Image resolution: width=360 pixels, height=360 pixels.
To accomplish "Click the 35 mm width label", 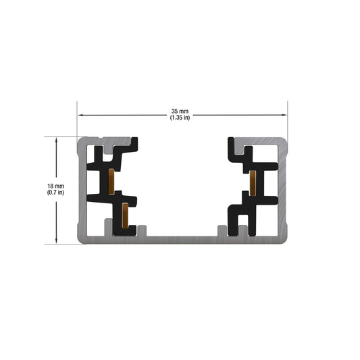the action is tap(180, 111).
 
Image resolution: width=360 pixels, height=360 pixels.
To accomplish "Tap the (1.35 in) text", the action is tap(180, 118).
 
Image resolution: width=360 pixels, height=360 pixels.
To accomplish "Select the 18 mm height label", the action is tap(56, 186).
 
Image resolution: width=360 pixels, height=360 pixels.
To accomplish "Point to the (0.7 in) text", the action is tap(55, 192).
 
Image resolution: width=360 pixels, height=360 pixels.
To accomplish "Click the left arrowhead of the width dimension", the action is tap(80, 115).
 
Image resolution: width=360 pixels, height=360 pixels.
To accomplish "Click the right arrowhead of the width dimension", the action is tap(285, 115).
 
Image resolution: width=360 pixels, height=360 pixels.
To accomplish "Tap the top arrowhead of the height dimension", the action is tap(56, 139).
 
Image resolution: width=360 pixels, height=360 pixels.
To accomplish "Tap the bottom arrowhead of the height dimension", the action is tap(56, 241).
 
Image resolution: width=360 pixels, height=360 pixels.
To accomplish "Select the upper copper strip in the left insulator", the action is tap(111, 182).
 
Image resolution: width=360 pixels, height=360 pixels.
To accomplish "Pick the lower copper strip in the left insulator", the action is tap(125, 216).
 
